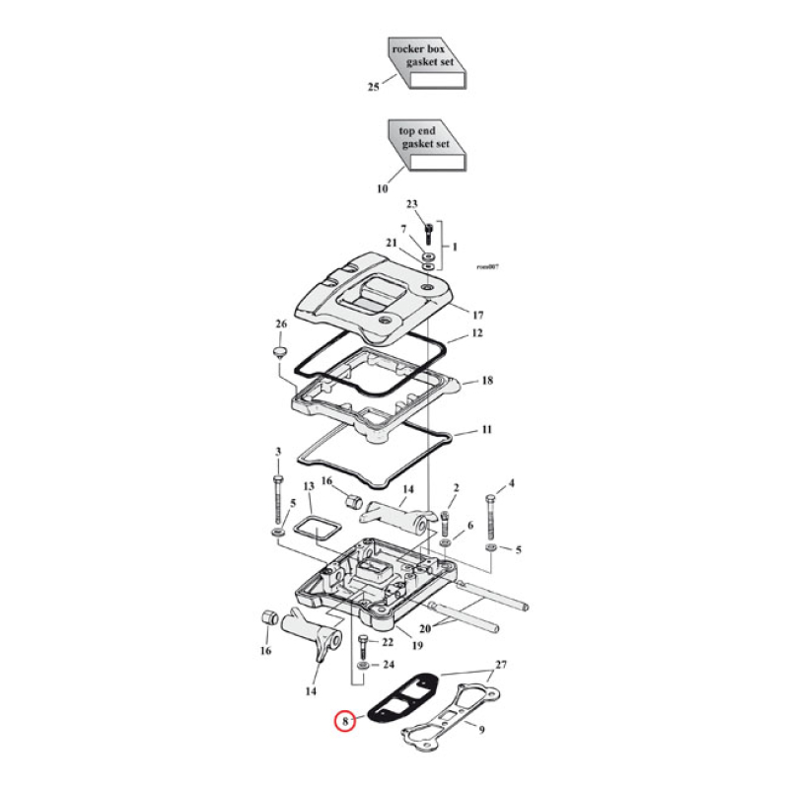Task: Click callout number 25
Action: click(x=373, y=88)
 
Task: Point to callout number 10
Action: click(x=382, y=188)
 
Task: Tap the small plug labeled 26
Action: click(x=279, y=354)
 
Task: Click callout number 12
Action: click(x=476, y=334)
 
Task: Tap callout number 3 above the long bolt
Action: click(x=278, y=453)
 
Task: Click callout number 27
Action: click(x=500, y=665)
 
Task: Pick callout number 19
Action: click(x=418, y=647)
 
